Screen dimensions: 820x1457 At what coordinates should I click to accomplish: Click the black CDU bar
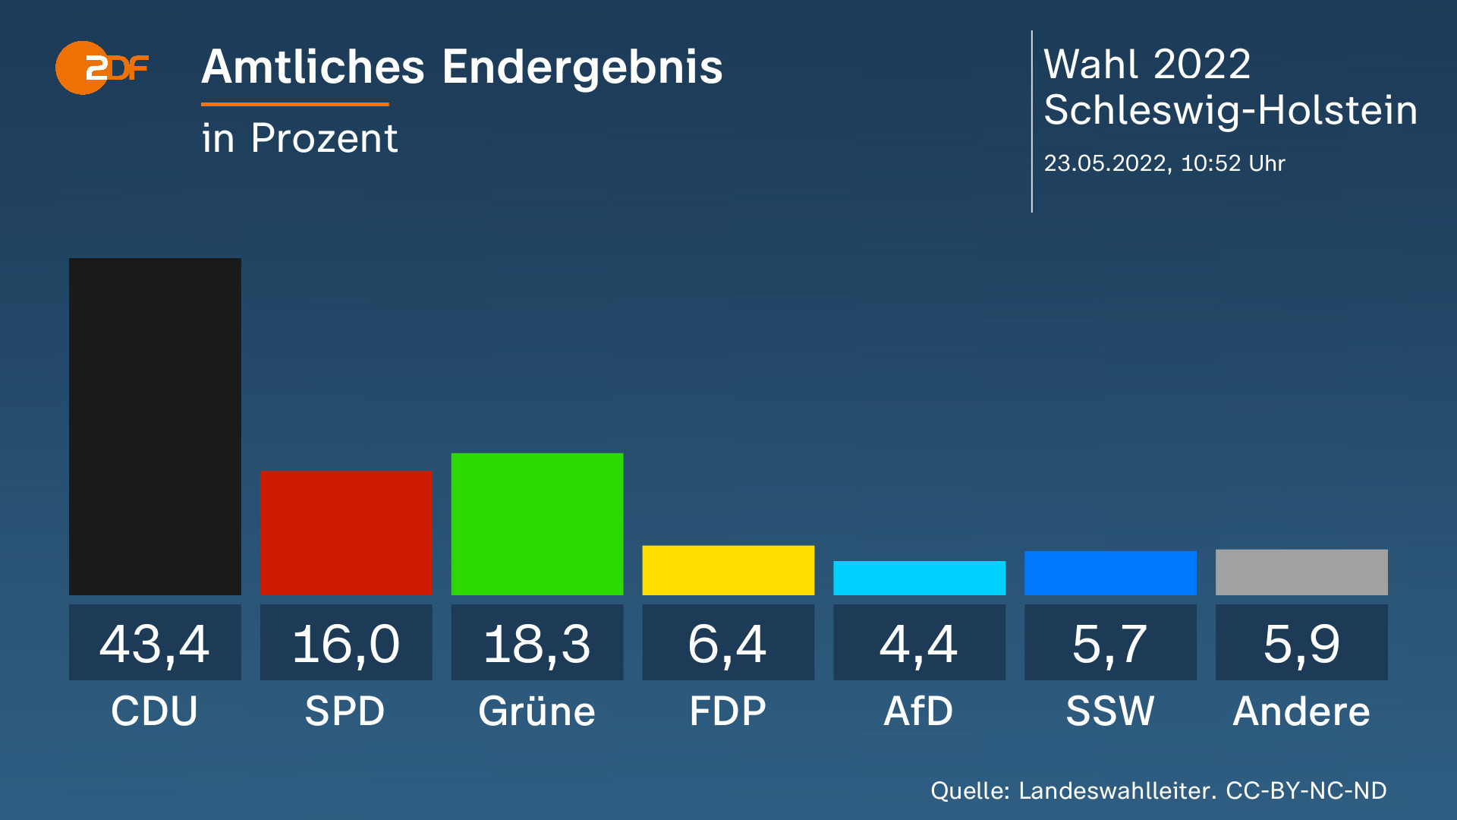pos(155,426)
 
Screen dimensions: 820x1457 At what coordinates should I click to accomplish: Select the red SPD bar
pos(346,532)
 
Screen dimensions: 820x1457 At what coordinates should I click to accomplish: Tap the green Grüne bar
pos(537,524)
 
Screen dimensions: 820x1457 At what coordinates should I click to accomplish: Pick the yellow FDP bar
pos(728,569)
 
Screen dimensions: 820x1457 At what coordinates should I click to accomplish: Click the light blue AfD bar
pos(919,578)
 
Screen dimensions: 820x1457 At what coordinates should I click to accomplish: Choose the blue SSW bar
pos(1110,572)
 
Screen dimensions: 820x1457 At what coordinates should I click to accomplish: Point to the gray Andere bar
pos(1301,572)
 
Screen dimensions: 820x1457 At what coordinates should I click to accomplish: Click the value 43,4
pos(155,644)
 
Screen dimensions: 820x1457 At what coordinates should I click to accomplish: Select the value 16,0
pos(346,644)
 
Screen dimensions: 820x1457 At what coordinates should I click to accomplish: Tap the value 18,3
pos(537,644)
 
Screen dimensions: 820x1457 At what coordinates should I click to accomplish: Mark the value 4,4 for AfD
pos(919,644)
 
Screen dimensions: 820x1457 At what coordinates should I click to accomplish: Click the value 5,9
pos(1301,644)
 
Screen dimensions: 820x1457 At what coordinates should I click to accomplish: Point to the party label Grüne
pos(537,711)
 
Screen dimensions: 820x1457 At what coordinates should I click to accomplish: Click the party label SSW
pos(1110,711)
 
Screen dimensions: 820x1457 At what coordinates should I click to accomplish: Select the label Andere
pos(1301,711)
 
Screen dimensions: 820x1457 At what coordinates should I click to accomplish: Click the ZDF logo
pos(101,68)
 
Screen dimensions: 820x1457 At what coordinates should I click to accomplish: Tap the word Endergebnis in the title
pos(582,68)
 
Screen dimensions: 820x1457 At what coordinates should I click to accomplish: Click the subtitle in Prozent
pos(300,138)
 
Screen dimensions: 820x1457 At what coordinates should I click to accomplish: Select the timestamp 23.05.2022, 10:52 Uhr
pos(1164,163)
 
